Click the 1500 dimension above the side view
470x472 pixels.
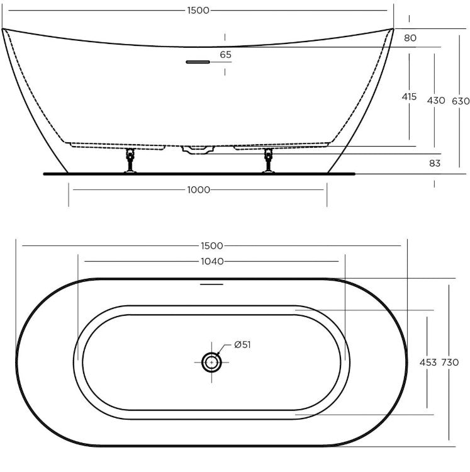pos(198,11)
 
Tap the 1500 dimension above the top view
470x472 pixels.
pos(212,246)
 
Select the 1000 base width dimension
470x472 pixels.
pos(199,190)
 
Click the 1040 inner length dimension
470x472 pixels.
pos(212,261)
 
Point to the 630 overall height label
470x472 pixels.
pos(461,101)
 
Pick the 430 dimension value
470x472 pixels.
pos(435,100)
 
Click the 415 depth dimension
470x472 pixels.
pos(409,97)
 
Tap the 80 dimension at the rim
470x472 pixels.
pos(410,38)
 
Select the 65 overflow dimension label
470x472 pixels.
pos(225,55)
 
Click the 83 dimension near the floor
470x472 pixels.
pos(435,163)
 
